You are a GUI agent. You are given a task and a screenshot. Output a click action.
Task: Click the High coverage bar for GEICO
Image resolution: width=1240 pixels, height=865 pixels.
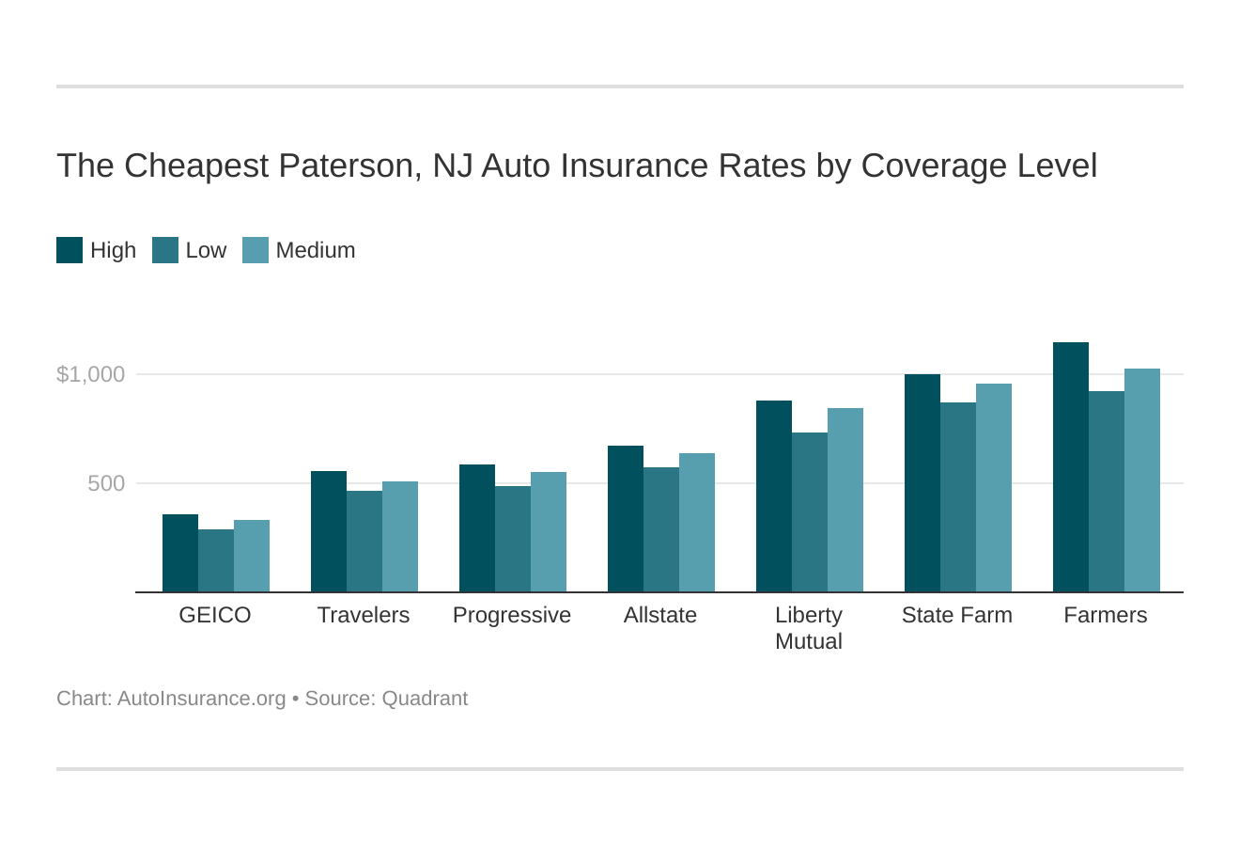click(x=180, y=554)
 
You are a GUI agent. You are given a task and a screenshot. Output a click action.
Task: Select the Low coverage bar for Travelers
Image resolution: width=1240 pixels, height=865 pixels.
click(x=364, y=542)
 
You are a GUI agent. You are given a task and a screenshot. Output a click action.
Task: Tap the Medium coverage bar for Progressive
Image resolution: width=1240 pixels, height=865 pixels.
click(x=549, y=532)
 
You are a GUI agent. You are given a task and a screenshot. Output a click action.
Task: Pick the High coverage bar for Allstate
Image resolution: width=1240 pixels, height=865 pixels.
click(x=626, y=519)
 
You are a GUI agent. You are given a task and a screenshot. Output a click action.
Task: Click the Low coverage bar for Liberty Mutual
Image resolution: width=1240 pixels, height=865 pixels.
click(x=810, y=512)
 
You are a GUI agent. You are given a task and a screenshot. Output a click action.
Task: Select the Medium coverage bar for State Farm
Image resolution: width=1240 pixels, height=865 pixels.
click(x=994, y=488)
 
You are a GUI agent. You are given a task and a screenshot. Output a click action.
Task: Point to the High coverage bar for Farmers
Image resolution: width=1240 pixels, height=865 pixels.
click(x=1071, y=467)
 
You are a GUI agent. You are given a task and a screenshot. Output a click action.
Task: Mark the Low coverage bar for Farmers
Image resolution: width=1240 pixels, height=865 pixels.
click(x=1107, y=492)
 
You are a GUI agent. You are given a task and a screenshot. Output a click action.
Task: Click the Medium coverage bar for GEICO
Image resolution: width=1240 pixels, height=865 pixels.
click(x=252, y=557)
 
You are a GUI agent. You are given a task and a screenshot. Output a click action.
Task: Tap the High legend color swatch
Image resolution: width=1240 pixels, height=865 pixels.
click(x=70, y=250)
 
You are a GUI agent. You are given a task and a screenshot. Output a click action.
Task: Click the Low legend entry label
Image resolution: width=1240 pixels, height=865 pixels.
click(x=206, y=250)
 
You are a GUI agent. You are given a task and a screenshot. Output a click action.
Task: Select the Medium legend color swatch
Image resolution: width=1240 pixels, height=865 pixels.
click(x=256, y=250)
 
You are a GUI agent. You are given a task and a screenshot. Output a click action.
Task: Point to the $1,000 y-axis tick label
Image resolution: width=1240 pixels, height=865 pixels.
click(x=91, y=374)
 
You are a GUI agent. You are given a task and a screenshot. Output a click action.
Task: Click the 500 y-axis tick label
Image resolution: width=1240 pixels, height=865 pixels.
click(x=106, y=483)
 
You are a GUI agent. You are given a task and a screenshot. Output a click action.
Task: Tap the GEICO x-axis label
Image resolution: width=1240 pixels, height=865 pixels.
click(x=215, y=615)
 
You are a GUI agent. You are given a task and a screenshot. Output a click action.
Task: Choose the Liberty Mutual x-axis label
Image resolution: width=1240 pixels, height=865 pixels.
click(x=809, y=628)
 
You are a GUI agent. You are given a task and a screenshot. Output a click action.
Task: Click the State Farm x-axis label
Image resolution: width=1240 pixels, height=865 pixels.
click(x=957, y=615)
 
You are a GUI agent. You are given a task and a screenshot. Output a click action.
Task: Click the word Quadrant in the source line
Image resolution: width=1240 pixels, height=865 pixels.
click(x=425, y=699)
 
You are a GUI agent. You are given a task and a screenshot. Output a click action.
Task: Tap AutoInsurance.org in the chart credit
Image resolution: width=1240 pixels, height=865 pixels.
click(x=201, y=699)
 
